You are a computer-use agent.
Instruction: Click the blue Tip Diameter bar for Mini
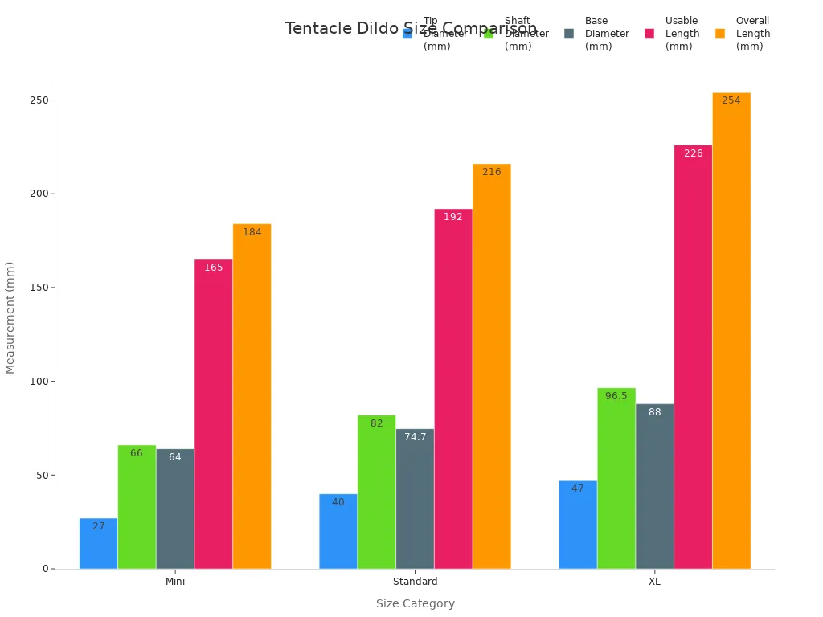98,544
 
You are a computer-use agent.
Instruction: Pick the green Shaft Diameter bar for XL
616,478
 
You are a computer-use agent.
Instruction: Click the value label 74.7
416,437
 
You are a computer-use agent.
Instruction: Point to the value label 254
731,100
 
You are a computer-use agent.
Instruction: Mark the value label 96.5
616,396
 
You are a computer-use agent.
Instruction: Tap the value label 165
214,268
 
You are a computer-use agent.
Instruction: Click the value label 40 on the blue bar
338,502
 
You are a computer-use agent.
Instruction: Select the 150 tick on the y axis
38,288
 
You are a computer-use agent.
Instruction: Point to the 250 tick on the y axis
38,100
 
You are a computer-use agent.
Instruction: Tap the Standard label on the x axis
416,582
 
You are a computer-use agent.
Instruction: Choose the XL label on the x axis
654,582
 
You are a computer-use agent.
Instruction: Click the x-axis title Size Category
416,603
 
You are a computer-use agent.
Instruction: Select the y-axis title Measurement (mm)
10,317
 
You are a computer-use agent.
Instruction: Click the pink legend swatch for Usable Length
649,34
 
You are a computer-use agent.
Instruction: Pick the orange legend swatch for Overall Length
720,34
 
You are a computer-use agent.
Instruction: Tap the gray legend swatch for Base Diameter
569,34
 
